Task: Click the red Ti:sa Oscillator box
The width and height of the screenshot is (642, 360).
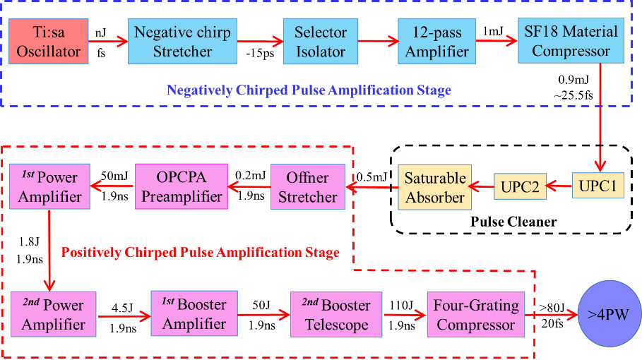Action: (x=49, y=42)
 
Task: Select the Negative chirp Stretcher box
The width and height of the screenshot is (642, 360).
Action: (x=182, y=42)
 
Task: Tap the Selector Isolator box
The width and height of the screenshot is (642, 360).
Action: (x=320, y=42)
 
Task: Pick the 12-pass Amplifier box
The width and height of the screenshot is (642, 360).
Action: (x=436, y=42)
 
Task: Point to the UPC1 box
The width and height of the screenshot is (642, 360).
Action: (x=598, y=186)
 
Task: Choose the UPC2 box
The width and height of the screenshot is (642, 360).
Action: (x=520, y=186)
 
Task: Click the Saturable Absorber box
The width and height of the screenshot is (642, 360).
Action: (x=434, y=187)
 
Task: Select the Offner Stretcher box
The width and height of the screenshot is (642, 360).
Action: (x=307, y=187)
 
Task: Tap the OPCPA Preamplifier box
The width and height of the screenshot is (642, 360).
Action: (x=182, y=187)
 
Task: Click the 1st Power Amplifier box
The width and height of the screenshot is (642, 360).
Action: (x=49, y=187)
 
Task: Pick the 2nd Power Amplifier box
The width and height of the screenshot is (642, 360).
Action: (x=53, y=315)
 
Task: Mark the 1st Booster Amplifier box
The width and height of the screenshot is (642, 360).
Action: (x=194, y=315)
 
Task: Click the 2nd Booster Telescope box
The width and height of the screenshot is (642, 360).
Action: (x=336, y=315)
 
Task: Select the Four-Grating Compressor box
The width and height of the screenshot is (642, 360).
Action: (x=475, y=315)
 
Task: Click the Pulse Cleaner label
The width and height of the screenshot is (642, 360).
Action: (x=514, y=222)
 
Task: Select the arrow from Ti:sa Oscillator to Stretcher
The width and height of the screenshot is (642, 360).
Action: (x=108, y=42)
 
